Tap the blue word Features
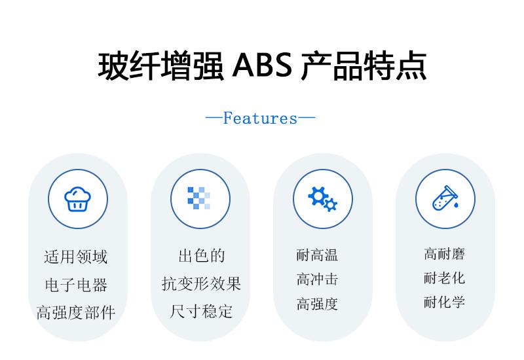point(260,118)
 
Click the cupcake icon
point(77,199)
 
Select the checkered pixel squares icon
point(199,198)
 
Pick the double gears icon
point(322,199)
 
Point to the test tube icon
point(445,198)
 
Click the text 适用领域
point(76,257)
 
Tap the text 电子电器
point(76,285)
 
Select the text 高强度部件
point(76,313)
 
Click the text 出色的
point(202,256)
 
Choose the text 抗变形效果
point(202,284)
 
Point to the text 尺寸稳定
point(202,312)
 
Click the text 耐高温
point(317,255)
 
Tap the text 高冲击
point(317,279)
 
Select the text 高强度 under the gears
point(317,304)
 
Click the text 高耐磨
point(445,254)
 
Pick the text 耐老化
point(445,278)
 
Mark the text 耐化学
point(445,302)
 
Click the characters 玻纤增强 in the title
point(160,65)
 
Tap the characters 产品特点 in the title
point(364,65)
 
